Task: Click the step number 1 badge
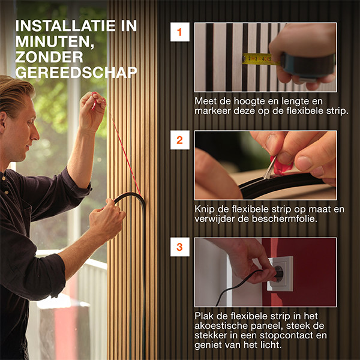point(179,32)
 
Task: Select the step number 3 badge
point(179,247)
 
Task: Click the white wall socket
point(280,274)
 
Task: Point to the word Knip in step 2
point(205,209)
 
